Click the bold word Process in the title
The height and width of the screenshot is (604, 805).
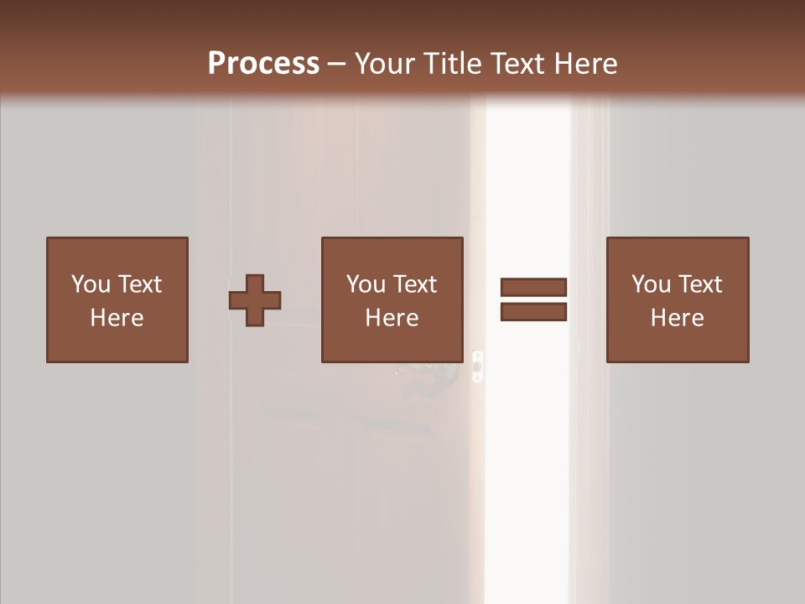tap(263, 64)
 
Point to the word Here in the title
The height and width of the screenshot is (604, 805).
tap(586, 64)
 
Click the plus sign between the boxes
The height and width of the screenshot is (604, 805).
tap(255, 300)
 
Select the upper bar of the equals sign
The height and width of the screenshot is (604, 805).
tap(533, 287)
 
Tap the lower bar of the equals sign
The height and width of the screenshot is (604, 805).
tap(533, 312)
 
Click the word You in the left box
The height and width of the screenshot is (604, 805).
tap(90, 284)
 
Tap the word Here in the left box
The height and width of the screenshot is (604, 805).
tap(117, 318)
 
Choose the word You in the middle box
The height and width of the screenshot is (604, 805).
tap(365, 284)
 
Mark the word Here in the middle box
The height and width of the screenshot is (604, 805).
tap(392, 318)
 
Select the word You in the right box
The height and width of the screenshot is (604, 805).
tap(650, 284)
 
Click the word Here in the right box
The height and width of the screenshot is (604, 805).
tap(677, 318)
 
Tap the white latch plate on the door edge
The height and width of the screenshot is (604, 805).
tap(477, 367)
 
